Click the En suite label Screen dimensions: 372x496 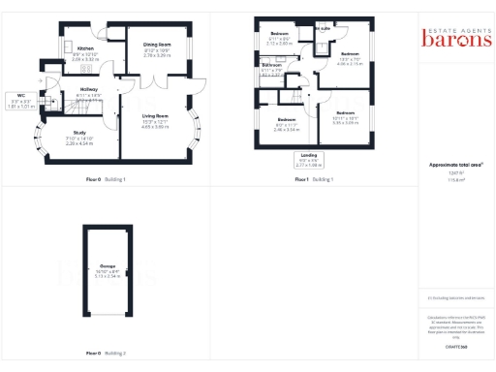pos(323,29)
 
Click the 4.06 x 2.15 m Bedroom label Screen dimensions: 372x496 pos(350,57)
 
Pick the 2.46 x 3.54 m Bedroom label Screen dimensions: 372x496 pos(285,123)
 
